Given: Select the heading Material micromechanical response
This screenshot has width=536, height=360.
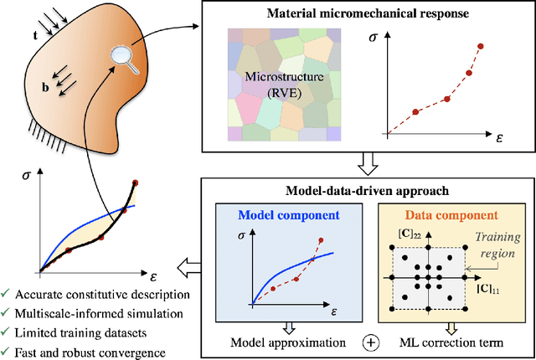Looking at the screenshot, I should pos(368,13).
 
